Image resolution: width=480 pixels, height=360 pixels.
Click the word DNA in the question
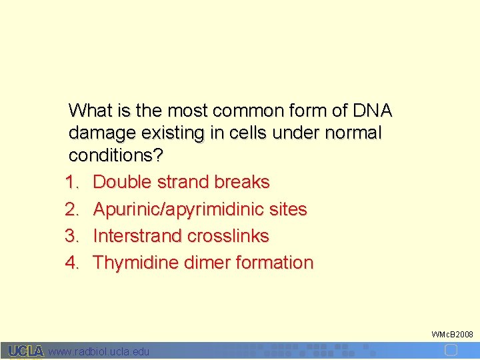372,110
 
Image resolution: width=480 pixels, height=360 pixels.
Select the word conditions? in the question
116,156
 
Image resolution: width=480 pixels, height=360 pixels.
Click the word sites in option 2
288,209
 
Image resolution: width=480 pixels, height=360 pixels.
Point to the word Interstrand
138,236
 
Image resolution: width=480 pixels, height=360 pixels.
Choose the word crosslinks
228,236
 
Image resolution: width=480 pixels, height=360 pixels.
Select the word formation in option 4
274,263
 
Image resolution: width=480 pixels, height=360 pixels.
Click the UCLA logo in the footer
26,351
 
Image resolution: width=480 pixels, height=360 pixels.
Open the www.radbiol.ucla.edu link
99,351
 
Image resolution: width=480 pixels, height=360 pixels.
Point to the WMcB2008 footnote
452,333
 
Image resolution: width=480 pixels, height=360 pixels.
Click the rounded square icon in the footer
451,350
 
